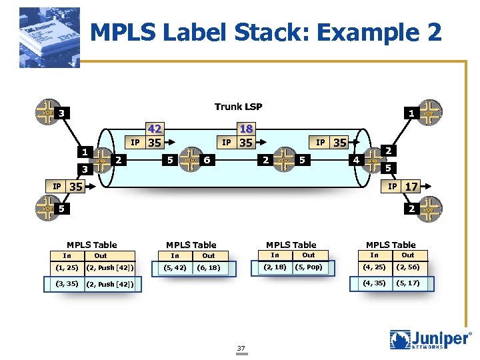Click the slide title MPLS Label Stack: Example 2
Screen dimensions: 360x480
265,33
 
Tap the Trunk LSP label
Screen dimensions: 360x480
238,107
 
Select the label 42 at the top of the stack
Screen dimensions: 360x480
155,129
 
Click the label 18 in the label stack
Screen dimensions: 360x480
245,129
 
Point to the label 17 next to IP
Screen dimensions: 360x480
412,187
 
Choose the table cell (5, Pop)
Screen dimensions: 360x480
308,268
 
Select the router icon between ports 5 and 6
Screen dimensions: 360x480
189,160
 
